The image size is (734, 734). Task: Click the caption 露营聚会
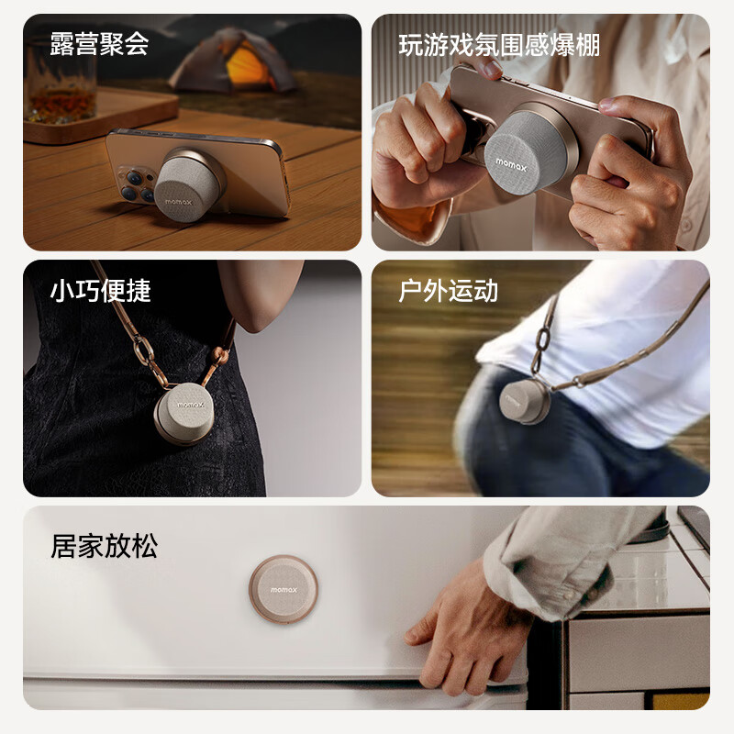coord(99,43)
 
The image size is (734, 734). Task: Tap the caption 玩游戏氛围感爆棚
coord(498,44)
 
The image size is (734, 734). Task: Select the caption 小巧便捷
coord(99,291)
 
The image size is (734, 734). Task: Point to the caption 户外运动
coord(448,291)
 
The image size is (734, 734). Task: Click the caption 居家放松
coord(104,548)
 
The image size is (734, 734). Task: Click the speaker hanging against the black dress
coord(183,414)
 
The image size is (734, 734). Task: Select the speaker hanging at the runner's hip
coord(524,402)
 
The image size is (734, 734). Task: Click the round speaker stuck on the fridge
coord(284,587)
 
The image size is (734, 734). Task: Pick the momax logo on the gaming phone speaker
coord(511,162)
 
